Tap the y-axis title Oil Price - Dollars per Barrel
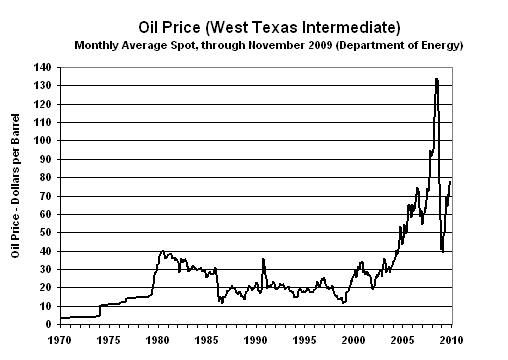coord(18,192)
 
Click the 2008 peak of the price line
coord(436,79)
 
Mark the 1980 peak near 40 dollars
coord(163,251)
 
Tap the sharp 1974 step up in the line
coord(99,310)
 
